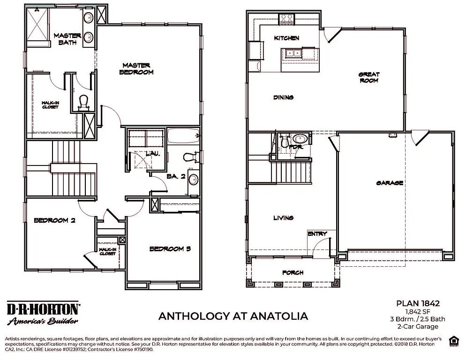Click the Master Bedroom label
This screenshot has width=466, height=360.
pos(136,68)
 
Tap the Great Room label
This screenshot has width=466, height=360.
pos(369,77)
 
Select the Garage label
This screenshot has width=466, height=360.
pos(390,183)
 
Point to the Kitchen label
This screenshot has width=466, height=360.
pos(286,38)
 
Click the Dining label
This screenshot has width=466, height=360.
pos(283,97)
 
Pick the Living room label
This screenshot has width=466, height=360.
pos(283,217)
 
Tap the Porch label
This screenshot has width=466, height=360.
pos(293,272)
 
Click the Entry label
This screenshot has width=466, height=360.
pos(317,234)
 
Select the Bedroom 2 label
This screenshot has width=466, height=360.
pos(54,220)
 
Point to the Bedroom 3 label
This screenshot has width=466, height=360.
pos(170,249)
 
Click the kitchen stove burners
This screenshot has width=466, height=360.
pos(286,19)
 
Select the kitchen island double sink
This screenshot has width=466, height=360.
pos(293,52)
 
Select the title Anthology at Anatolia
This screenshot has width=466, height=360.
pos(233,316)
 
